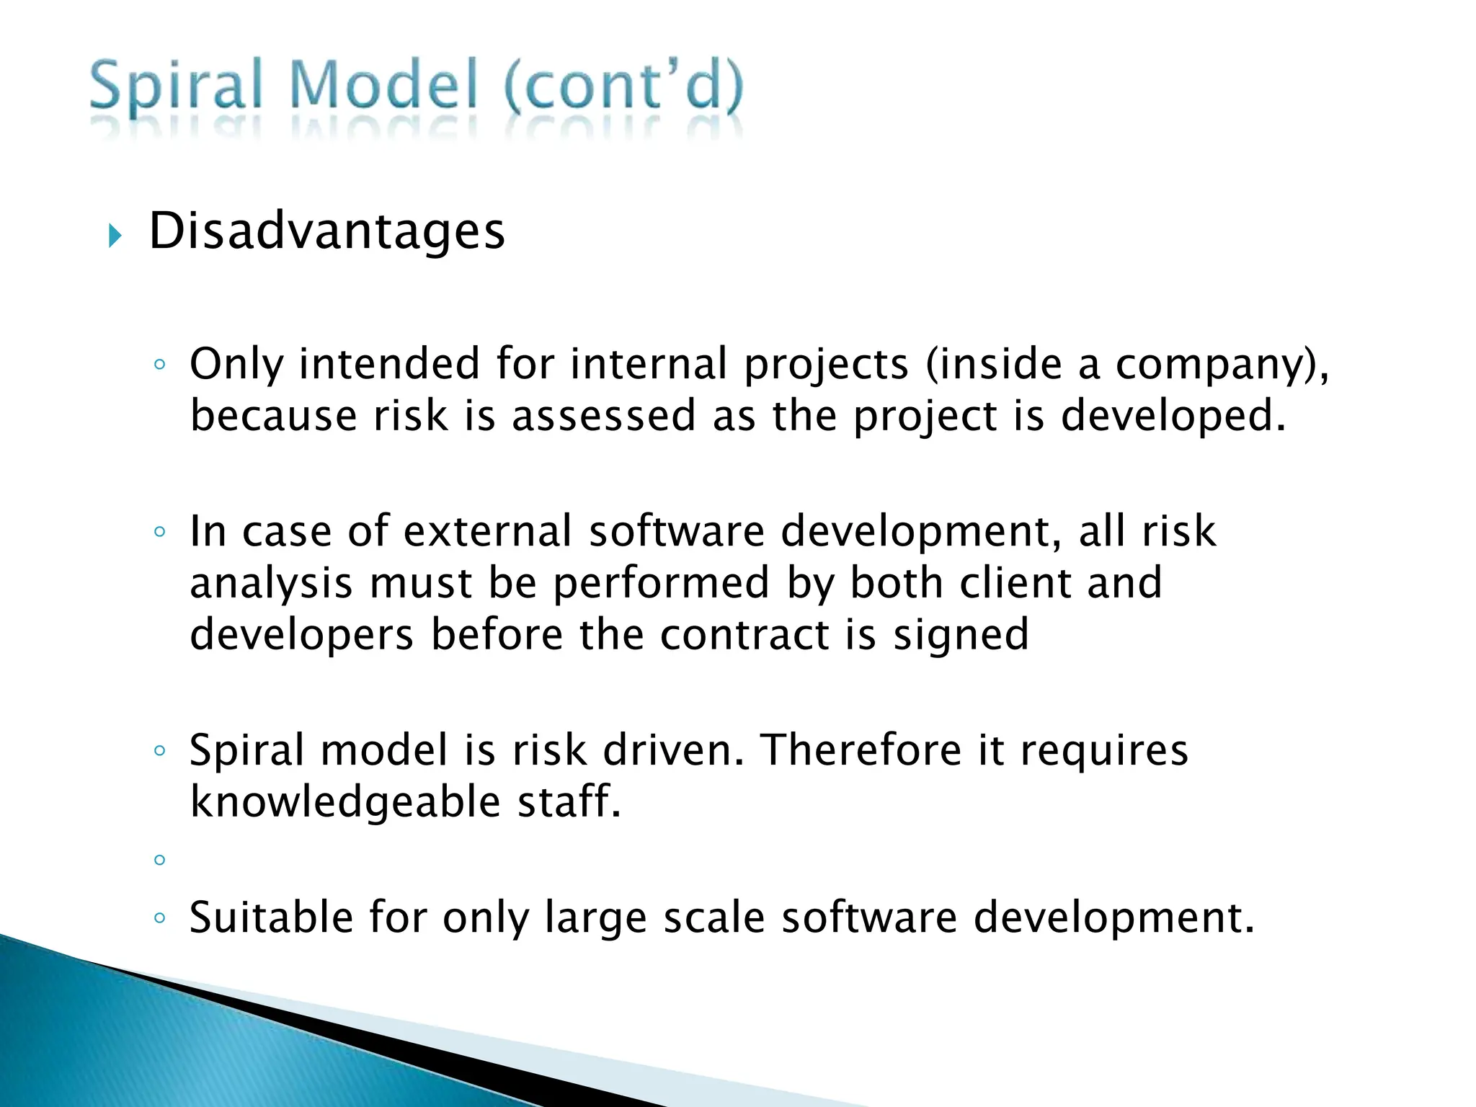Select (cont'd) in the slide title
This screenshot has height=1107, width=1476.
(x=623, y=86)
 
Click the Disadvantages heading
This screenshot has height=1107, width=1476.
(x=326, y=231)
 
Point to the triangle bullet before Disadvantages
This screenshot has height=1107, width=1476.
(x=115, y=235)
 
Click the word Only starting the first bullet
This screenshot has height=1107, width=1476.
(x=236, y=365)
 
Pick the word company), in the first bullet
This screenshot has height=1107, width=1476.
(x=1222, y=365)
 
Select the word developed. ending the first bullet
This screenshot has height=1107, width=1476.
(x=1173, y=416)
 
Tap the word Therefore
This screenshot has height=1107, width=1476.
(x=861, y=750)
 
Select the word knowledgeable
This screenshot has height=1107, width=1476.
(x=345, y=802)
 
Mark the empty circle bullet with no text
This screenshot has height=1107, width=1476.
(x=160, y=860)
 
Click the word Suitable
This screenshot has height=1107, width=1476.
(x=271, y=917)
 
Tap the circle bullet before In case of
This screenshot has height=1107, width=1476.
(x=160, y=533)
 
